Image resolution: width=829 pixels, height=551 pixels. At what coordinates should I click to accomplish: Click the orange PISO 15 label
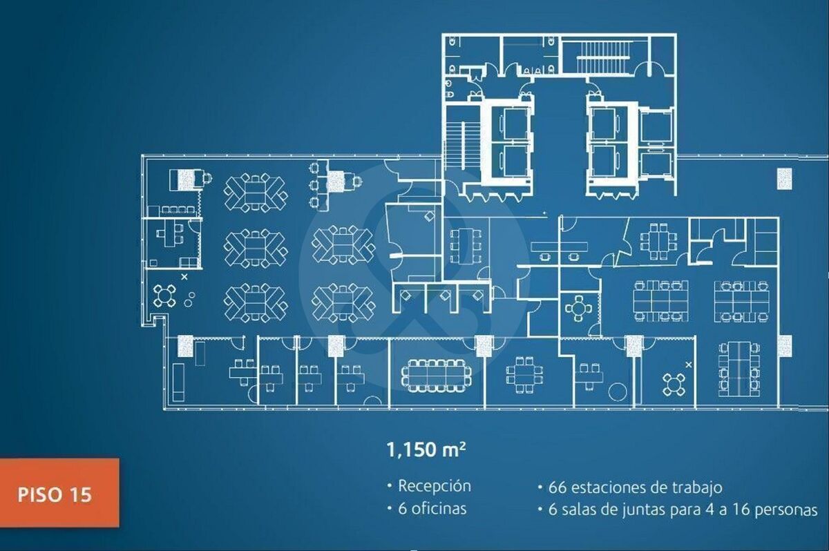tap(59, 493)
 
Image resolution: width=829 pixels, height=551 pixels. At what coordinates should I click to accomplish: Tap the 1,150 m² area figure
tap(426, 449)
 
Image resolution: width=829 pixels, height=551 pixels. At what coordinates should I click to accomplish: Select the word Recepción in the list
tap(435, 486)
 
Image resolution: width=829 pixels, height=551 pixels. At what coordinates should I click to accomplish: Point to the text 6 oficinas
tap(432, 508)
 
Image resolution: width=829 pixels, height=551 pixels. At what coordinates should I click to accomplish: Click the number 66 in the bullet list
tap(558, 487)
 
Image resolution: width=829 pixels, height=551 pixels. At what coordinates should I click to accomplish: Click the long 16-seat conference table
tap(437, 376)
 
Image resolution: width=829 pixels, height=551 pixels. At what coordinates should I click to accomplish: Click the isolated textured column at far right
tap(784, 179)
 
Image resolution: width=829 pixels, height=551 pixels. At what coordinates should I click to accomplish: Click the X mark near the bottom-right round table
tap(689, 365)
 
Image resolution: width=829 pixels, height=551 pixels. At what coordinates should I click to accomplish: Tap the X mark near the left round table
tap(184, 277)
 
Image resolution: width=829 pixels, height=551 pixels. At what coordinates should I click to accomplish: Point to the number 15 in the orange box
tap(79, 494)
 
